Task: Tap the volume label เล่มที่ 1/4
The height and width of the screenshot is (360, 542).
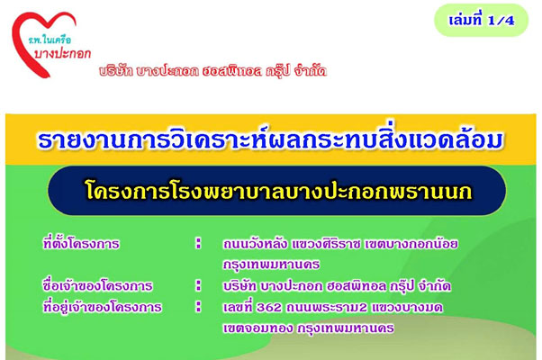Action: coord(482,21)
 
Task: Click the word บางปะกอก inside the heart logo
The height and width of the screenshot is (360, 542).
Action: coord(62,54)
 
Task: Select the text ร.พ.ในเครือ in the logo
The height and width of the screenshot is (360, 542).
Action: coord(50,40)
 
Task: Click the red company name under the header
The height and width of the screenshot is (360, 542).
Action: coord(212,71)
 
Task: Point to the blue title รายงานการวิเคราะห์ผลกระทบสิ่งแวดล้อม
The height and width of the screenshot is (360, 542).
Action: coord(271,139)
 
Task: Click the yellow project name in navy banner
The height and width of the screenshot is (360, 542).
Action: coord(278,191)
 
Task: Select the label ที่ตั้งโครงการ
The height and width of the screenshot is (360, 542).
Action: coord(81,244)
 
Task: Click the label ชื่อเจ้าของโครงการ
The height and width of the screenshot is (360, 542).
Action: coord(97,285)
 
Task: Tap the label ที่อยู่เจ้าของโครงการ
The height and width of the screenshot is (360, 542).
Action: coord(103,307)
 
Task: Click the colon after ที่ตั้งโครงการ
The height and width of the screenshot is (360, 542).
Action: coord(198,243)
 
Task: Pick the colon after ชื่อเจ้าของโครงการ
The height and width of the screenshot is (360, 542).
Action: coord(198,285)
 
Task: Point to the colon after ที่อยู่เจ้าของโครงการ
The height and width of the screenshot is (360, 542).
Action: coord(198,306)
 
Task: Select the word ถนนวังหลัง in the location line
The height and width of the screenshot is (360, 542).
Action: coord(255,244)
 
